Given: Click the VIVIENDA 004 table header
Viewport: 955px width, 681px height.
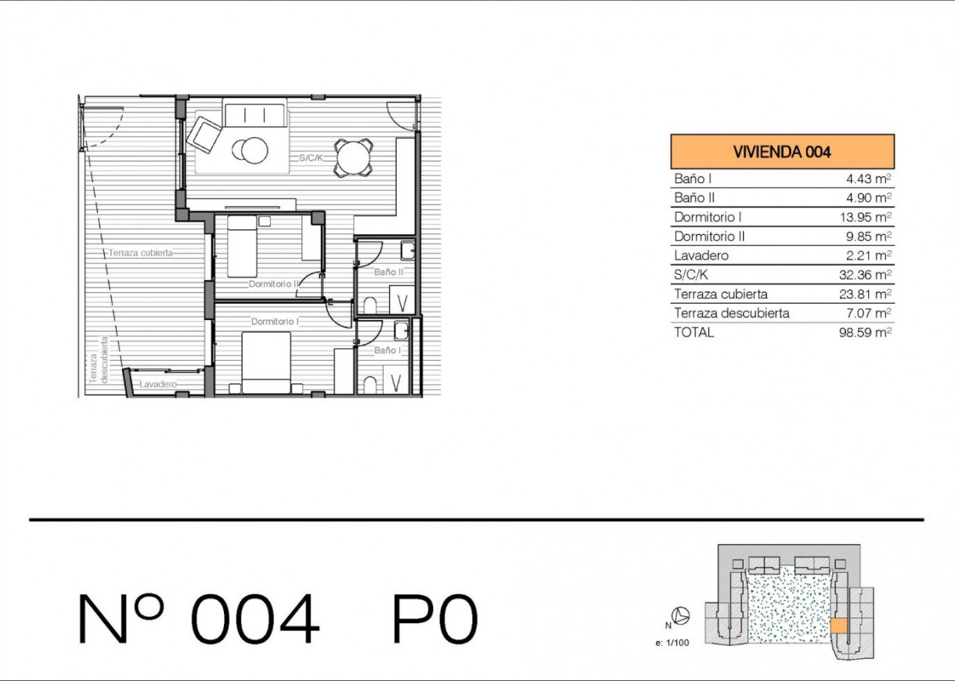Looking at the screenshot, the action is coord(782,152).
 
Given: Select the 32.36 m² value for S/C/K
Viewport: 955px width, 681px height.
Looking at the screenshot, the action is coord(865,275).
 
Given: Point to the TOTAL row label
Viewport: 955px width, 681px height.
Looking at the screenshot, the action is coord(694,332).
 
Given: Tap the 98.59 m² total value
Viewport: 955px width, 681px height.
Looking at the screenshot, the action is coord(865,332).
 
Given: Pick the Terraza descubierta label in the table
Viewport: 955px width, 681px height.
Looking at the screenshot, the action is coord(732,313).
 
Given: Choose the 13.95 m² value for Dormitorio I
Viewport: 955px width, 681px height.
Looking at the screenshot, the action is coord(866,217).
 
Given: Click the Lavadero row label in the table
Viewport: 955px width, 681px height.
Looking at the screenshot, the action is coord(701,255).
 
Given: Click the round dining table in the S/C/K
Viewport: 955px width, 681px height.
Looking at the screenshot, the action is coord(353,157).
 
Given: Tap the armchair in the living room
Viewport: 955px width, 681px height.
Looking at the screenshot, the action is coord(204,135).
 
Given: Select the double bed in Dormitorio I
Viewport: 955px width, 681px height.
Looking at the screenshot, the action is coord(266,362).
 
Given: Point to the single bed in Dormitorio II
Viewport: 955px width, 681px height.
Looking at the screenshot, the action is coord(242,247).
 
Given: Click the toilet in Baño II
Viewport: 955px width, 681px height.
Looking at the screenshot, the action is coord(369,306).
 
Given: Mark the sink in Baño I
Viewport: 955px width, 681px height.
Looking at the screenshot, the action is coord(402,331).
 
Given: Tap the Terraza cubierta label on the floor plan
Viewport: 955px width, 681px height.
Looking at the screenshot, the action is coord(141,253).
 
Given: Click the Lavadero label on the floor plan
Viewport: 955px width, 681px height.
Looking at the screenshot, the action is coord(158,384).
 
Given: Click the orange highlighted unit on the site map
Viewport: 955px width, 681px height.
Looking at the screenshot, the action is coord(838,626).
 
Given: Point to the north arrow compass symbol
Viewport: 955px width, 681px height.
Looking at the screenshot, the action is coord(680,616).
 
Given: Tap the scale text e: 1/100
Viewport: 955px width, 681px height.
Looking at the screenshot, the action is coord(672,643).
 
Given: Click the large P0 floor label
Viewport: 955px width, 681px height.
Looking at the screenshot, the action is coord(434,618).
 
